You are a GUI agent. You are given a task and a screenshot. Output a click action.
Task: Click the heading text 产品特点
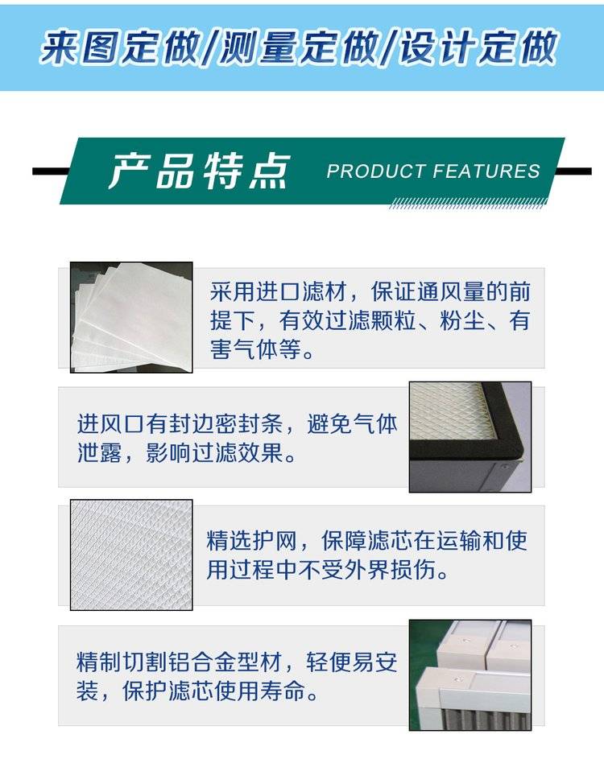pos(199,171)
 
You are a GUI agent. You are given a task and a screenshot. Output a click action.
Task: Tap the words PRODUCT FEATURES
pos(433,171)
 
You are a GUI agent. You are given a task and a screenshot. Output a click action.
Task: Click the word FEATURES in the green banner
pos(486,171)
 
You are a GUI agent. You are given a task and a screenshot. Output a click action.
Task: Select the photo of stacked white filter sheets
pos(131,317)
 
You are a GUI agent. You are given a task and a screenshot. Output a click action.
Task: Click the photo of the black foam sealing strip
pos(470,437)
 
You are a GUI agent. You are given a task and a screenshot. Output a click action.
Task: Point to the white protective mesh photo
pos(131,555)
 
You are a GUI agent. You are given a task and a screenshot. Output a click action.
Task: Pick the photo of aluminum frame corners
pos(470,675)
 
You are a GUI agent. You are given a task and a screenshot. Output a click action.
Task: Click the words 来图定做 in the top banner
pos(120,47)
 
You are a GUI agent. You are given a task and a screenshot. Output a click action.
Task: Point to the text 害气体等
pos(255,349)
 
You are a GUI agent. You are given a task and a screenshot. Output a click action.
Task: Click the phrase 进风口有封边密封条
pos(180,424)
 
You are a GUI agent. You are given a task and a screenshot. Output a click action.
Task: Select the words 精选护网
pos(251,540)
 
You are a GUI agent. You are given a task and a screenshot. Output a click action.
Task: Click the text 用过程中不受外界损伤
pos(321,569)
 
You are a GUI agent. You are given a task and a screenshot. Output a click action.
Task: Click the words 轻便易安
pos(352,662)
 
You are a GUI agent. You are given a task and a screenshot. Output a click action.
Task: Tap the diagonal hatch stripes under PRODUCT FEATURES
pos(468,203)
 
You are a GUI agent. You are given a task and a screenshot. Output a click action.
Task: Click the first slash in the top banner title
pos(209,47)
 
